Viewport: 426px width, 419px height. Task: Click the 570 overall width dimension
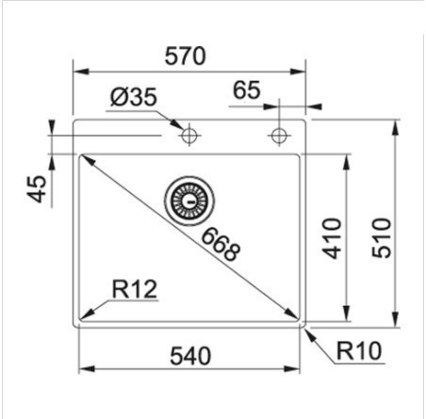click(186, 56)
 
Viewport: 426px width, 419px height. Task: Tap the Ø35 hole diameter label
click(134, 97)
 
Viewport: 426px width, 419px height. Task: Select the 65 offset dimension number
click(247, 90)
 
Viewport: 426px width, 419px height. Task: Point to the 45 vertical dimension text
click(37, 188)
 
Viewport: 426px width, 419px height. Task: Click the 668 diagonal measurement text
click(221, 245)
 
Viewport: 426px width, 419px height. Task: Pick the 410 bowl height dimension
click(332, 238)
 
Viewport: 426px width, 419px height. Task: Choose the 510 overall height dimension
click(382, 238)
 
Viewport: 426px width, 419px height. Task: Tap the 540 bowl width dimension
click(190, 356)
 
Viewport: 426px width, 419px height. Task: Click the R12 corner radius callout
click(135, 289)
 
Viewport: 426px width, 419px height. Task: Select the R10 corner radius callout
click(359, 350)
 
